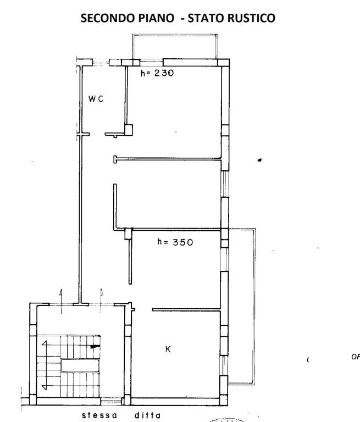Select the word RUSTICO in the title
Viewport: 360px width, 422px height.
pyautogui.click(x=251, y=18)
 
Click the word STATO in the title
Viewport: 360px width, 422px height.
pyautogui.click(x=206, y=18)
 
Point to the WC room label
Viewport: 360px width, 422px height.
pyautogui.click(x=96, y=99)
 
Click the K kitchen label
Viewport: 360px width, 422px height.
pyautogui.click(x=168, y=349)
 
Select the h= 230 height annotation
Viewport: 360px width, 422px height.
pyautogui.click(x=157, y=73)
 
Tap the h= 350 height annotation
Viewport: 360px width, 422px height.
pyautogui.click(x=175, y=242)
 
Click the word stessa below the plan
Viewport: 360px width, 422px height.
pyautogui.click(x=99, y=415)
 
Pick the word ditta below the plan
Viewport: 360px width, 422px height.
pyautogui.click(x=147, y=415)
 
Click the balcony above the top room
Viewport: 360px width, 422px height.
pyautogui.click(x=174, y=35)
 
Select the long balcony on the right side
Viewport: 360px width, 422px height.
pyautogui.click(x=254, y=306)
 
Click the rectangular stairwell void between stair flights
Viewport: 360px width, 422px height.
pyautogui.click(x=80, y=366)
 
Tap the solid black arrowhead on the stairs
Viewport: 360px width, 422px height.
pyautogui.click(x=95, y=347)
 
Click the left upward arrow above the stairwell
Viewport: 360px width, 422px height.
pyautogui.click(x=61, y=302)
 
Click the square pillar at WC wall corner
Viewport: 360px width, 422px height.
pyautogui.click(x=129, y=130)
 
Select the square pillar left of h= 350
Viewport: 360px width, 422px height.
pyautogui.click(x=128, y=234)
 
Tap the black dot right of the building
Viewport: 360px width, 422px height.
pyautogui.click(x=259, y=160)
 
